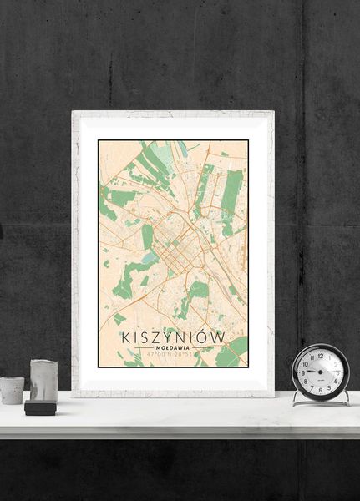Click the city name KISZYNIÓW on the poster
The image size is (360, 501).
click(x=173, y=337)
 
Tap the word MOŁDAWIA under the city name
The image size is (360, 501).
click(x=173, y=347)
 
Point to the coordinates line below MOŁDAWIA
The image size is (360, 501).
click(x=173, y=355)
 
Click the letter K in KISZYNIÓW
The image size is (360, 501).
click(x=127, y=337)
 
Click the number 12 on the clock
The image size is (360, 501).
click(x=320, y=355)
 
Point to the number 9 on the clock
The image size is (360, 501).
click(x=303, y=372)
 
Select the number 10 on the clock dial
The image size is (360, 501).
click(x=306, y=363)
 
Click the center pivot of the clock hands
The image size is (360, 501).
click(x=320, y=372)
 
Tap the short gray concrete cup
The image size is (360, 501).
click(x=12, y=390)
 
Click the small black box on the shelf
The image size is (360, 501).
click(x=39, y=407)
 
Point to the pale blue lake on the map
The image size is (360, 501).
click(x=150, y=260)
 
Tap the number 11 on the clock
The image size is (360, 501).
click(x=312, y=357)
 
